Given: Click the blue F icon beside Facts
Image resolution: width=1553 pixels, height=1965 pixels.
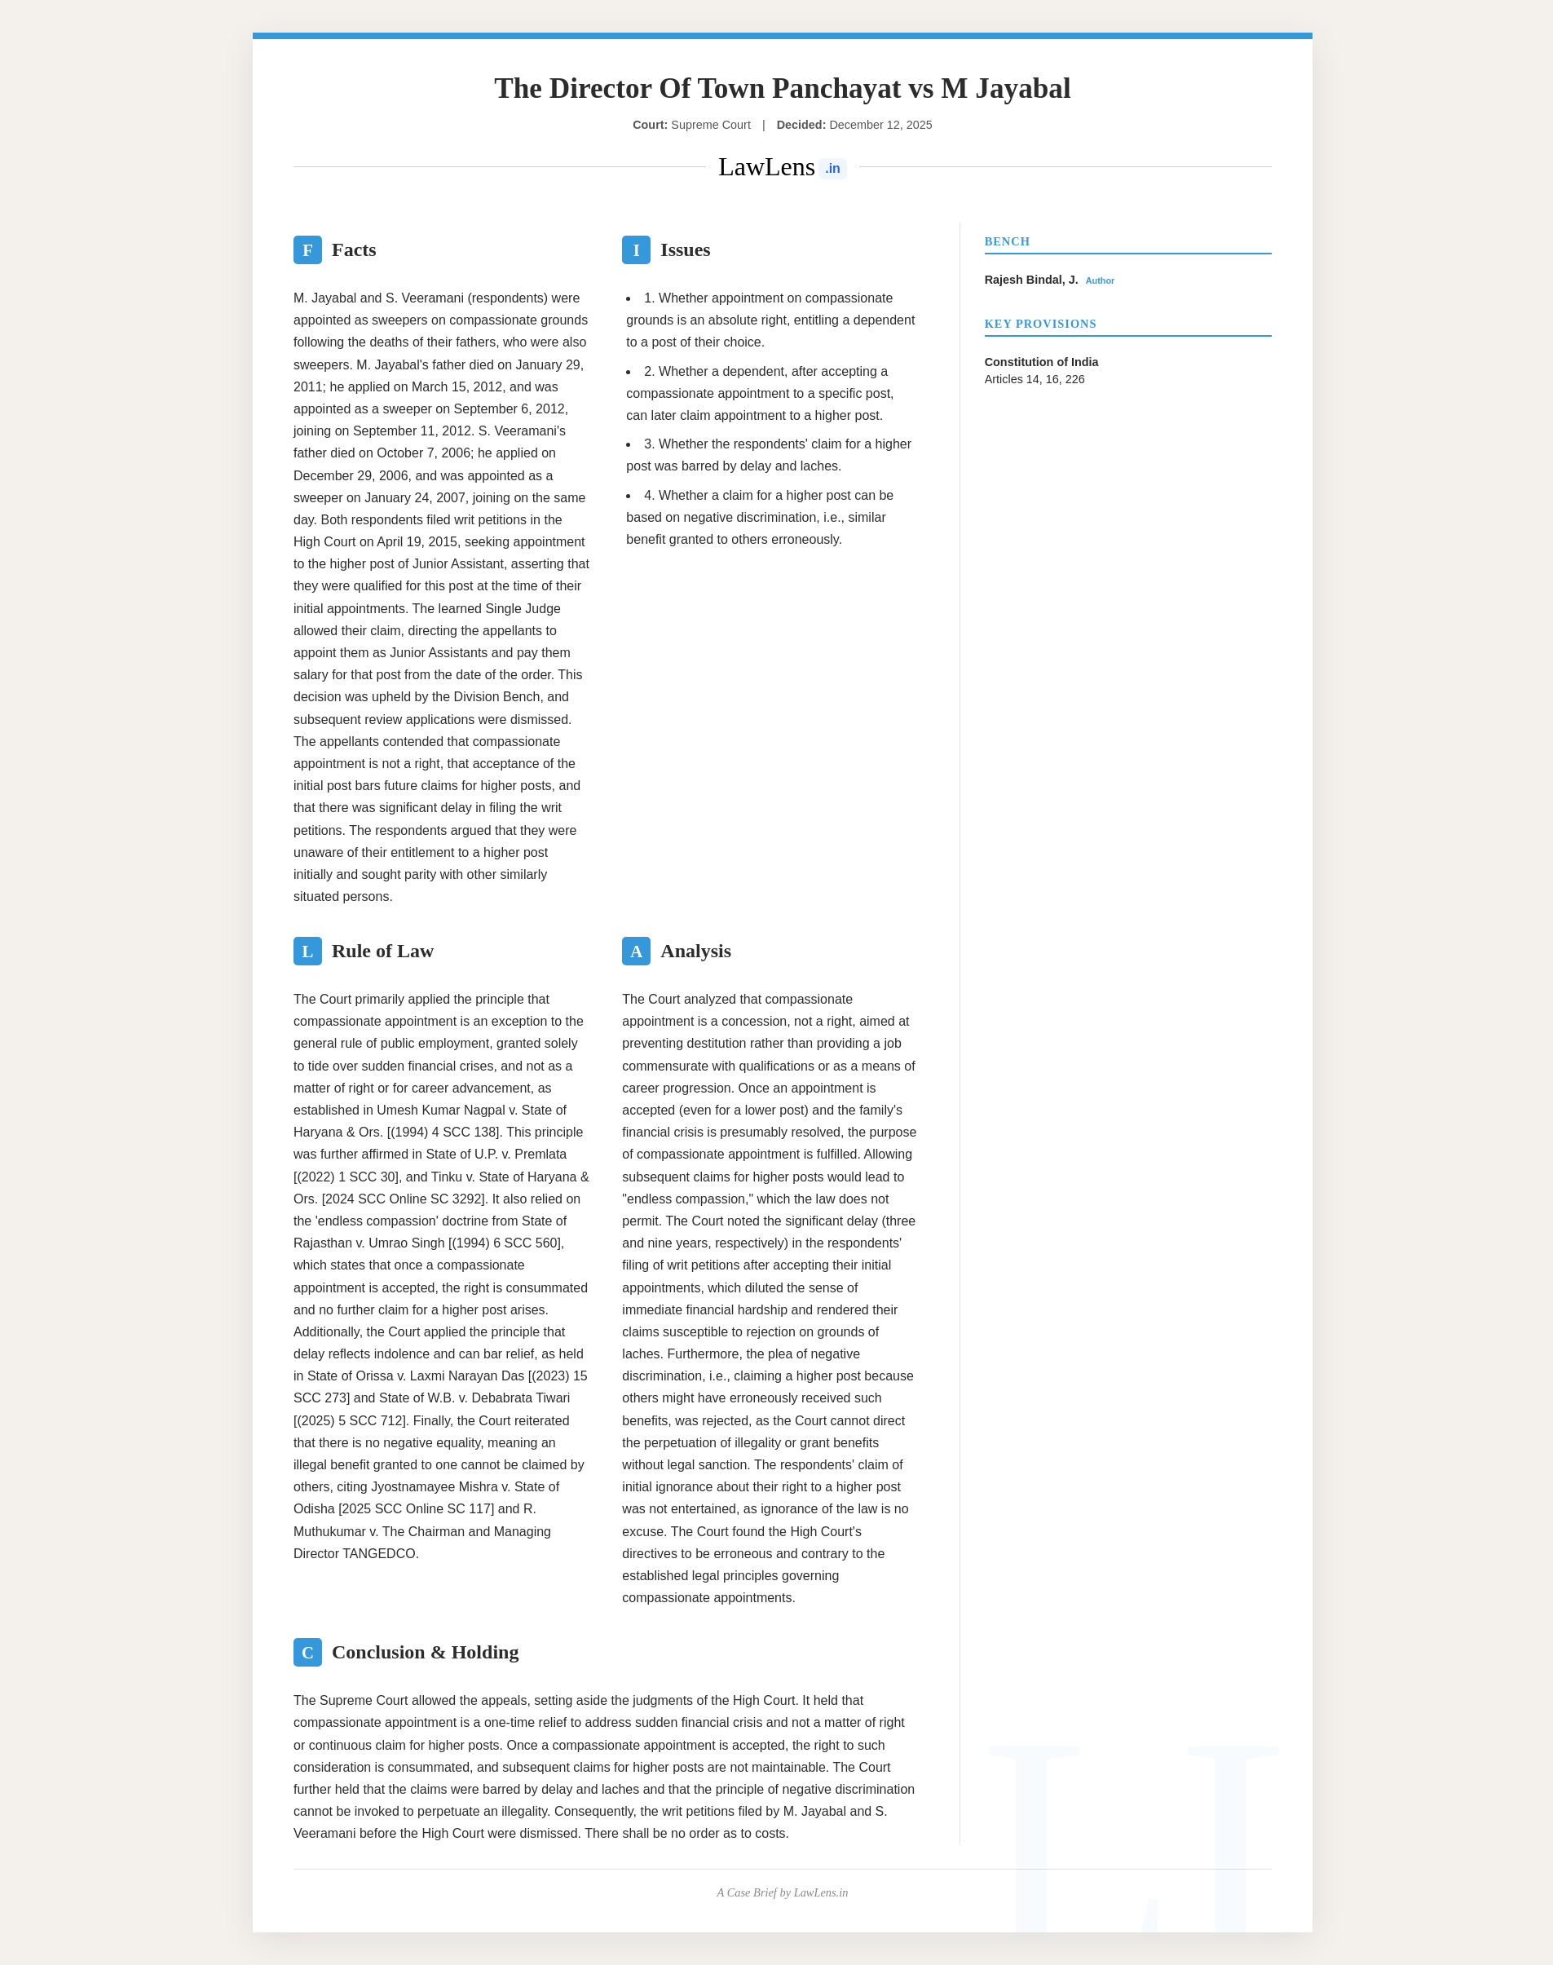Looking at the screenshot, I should coord(307,250).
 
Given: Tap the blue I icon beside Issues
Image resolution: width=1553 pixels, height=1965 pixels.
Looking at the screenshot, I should coord(636,250).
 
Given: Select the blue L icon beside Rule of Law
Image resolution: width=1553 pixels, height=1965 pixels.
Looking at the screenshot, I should coord(307,952).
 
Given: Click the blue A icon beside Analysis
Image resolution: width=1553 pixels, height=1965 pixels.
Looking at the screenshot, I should coord(636,952).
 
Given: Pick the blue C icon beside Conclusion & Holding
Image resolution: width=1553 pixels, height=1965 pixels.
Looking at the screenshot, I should coord(307,1652).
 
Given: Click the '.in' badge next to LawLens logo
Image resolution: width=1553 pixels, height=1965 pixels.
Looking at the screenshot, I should coord(832,169).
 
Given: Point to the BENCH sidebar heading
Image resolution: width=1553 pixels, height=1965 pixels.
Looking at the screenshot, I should coord(1007,242).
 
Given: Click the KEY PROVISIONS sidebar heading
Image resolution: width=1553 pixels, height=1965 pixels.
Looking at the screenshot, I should coord(1040,324).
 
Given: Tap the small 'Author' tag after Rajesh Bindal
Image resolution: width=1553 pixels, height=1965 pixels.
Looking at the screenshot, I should coord(1099,281).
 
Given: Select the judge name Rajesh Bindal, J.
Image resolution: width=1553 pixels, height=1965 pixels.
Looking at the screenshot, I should coord(1031,280).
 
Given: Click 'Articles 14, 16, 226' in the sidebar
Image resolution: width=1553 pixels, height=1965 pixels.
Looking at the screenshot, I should coord(1034,379).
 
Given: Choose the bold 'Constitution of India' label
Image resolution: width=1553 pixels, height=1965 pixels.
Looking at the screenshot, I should coord(1041,362).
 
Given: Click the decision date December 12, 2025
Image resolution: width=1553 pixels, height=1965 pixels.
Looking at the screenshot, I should coord(880,126).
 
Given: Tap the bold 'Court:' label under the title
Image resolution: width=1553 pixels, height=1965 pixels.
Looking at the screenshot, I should coord(650,126).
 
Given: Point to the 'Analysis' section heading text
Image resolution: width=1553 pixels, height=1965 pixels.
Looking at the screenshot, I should coord(695,952).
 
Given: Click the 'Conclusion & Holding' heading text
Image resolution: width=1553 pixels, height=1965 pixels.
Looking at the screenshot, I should coord(425,1652).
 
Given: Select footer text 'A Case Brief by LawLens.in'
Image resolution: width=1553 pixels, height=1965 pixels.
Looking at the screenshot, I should coord(782,1893).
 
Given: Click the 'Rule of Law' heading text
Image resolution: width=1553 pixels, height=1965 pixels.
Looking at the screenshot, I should coord(382,952).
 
